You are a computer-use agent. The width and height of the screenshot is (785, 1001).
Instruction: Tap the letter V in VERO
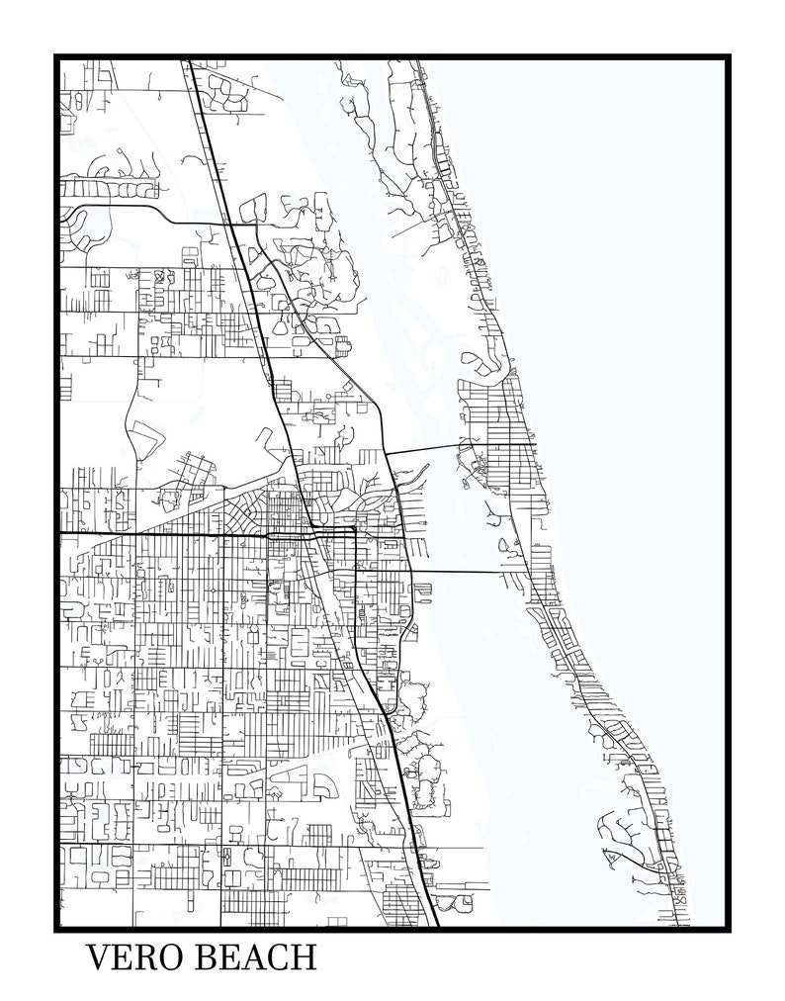click(98, 959)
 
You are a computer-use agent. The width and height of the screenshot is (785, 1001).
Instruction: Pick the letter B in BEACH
click(202, 959)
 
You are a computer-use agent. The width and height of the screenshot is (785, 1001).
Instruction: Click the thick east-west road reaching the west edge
click(148, 535)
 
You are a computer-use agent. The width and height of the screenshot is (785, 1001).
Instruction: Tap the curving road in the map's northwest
click(119, 206)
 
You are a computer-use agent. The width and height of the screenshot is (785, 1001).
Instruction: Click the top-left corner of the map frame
click(57, 57)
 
